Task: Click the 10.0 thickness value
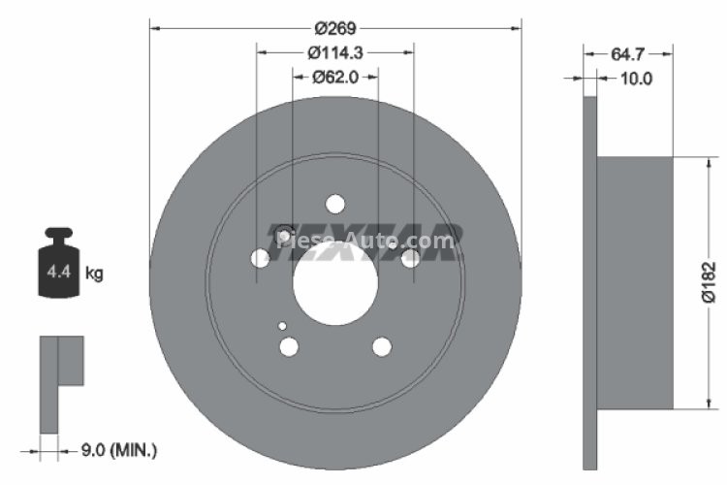(635, 79)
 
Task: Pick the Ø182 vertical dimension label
(711, 282)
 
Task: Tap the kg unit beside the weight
(94, 275)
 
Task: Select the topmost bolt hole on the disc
(335, 204)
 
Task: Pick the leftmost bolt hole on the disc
(260, 258)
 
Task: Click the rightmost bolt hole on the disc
(411, 258)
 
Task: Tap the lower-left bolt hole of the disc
(289, 347)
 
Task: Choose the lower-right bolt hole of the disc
(382, 347)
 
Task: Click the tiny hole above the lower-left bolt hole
(282, 327)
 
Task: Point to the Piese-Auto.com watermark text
(366, 239)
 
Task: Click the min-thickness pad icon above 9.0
(60, 383)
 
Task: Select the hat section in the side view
(634, 282)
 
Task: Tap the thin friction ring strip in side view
(589, 282)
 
